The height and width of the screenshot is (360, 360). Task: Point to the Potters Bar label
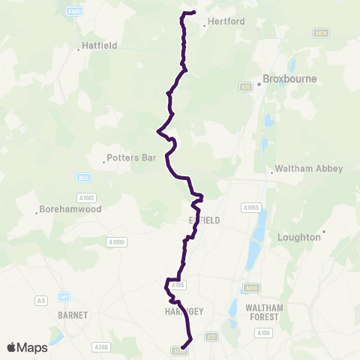[130, 158]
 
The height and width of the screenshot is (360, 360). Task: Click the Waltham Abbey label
[309, 169]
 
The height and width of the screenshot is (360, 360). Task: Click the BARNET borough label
[73, 315]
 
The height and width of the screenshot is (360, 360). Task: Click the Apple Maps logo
[27, 347]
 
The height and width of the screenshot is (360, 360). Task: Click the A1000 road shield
[117, 241]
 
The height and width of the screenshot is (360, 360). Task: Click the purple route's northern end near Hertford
[193, 12]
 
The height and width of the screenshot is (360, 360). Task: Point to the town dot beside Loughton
[324, 231]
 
